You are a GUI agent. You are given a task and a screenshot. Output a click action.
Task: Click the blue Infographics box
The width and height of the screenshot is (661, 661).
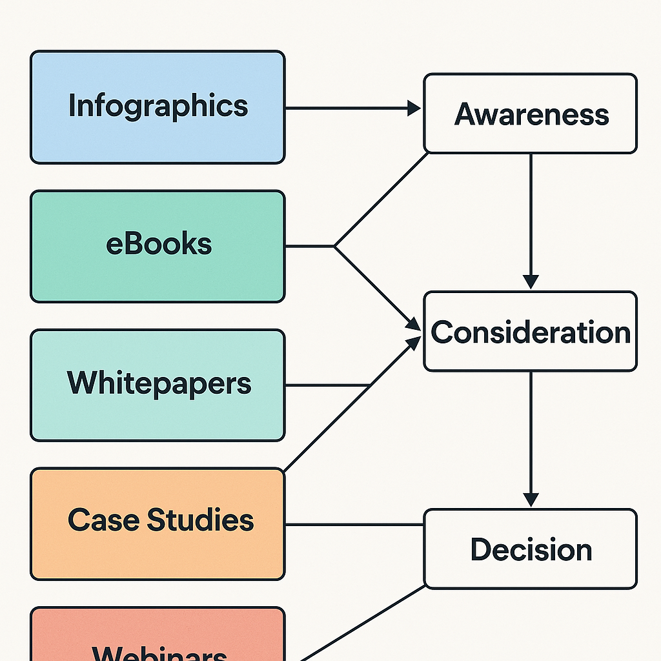pyautogui.click(x=158, y=107)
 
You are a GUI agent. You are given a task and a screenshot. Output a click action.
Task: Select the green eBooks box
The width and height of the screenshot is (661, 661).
pyautogui.click(x=158, y=246)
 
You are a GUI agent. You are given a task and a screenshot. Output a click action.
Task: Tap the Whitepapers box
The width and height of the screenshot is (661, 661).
pyautogui.click(x=158, y=385)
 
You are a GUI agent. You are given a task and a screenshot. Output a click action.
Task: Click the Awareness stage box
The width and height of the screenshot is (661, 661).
pyautogui.click(x=530, y=114)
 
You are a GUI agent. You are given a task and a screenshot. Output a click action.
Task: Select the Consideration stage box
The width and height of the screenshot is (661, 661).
pyautogui.click(x=530, y=331)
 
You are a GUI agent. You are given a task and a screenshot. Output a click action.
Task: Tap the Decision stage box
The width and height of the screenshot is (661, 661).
pyautogui.click(x=530, y=549)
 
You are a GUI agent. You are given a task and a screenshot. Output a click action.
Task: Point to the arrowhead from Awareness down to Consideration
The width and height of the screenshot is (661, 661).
pyautogui.click(x=531, y=281)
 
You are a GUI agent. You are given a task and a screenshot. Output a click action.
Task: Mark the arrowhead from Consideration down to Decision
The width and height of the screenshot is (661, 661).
pyautogui.click(x=531, y=499)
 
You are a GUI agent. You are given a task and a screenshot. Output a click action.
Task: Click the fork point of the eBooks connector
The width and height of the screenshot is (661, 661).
pyautogui.click(x=334, y=246)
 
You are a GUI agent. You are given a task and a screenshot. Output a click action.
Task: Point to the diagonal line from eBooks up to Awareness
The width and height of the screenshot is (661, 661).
pyautogui.click(x=381, y=199)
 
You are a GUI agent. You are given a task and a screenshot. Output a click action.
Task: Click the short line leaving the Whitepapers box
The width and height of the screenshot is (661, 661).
pyautogui.click(x=326, y=385)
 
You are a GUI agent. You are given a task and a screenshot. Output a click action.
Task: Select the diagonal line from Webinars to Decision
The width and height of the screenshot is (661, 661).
pyautogui.click(x=361, y=622)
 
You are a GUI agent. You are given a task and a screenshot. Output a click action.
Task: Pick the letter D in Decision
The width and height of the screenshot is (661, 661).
pyautogui.click(x=481, y=549)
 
